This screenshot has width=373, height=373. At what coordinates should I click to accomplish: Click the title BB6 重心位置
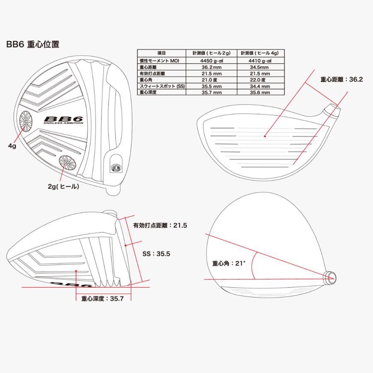33,44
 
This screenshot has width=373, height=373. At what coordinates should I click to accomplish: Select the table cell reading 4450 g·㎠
211,61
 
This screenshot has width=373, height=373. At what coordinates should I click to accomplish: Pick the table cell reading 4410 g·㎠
261,61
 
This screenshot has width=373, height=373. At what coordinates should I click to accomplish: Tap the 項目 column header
162,53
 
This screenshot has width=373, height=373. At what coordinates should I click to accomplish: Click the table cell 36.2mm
211,67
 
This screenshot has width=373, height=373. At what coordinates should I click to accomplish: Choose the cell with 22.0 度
261,80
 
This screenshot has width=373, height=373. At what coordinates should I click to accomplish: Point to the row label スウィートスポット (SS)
162,86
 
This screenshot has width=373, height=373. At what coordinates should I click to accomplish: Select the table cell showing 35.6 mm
261,92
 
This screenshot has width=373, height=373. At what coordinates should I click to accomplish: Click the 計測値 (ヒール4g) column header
261,53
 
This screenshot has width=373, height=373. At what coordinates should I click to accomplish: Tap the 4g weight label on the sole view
12,146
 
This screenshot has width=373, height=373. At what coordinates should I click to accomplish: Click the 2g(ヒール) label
63,186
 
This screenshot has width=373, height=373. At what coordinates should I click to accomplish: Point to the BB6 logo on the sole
63,120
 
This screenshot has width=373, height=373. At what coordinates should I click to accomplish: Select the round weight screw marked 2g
68,163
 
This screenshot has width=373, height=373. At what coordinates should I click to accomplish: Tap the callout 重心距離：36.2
342,80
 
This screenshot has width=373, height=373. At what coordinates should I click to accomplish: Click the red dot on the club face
265,136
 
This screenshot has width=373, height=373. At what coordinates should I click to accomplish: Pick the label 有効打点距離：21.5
160,225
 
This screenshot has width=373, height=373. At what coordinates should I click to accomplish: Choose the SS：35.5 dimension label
156,254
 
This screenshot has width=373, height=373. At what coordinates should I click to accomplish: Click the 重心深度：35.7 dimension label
102,298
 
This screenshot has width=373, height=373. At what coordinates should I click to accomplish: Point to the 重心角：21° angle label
229,263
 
